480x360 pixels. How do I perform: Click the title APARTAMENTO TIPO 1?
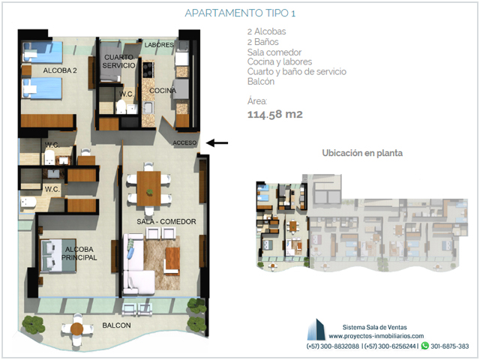tap(240, 13)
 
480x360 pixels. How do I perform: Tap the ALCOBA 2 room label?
tap(60, 70)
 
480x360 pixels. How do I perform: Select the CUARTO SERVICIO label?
tap(118, 61)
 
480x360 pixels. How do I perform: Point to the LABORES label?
tap(159, 45)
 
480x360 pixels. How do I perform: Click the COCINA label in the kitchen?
tap(163, 91)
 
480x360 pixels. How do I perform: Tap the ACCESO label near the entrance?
tap(184, 143)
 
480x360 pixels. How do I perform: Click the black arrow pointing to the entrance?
tap(217, 142)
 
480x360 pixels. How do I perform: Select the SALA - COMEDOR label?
tap(166, 222)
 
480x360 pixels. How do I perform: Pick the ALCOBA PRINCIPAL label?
tap(79, 253)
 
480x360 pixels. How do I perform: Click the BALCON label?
tap(116, 325)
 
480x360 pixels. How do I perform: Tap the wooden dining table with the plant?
tap(148, 188)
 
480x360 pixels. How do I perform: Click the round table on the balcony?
tap(76, 328)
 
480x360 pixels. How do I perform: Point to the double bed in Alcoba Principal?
tap(58, 256)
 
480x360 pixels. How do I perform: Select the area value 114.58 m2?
tap(275, 114)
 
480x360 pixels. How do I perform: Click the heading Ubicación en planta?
tap(362, 153)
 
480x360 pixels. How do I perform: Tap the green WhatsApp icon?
tap(425, 346)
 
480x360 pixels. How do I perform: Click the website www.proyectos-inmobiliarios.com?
tap(376, 336)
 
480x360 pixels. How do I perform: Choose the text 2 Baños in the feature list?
tap(263, 42)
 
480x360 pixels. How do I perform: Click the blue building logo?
tap(316, 329)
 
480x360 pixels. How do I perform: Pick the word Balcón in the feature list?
tap(261, 82)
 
